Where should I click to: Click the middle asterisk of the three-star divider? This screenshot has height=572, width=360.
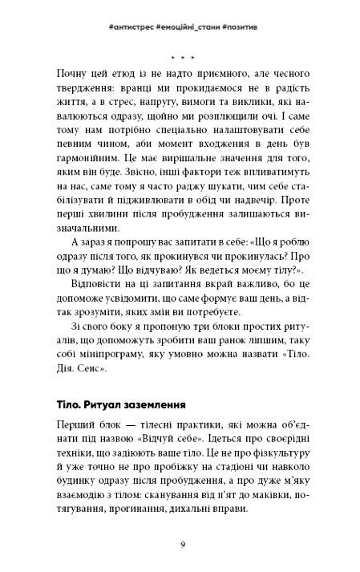tap(180, 59)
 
